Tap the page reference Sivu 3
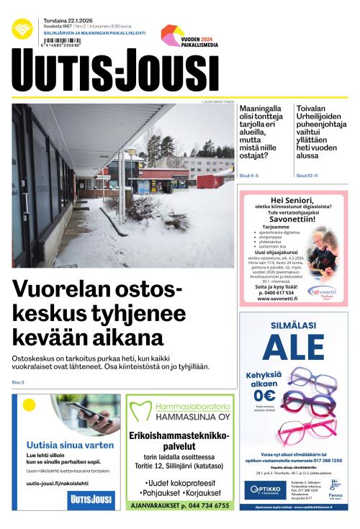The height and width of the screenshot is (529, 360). pos(18,381)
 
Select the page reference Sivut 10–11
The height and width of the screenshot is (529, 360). pos(307,174)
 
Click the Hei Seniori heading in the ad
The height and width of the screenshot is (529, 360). pos(293,199)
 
